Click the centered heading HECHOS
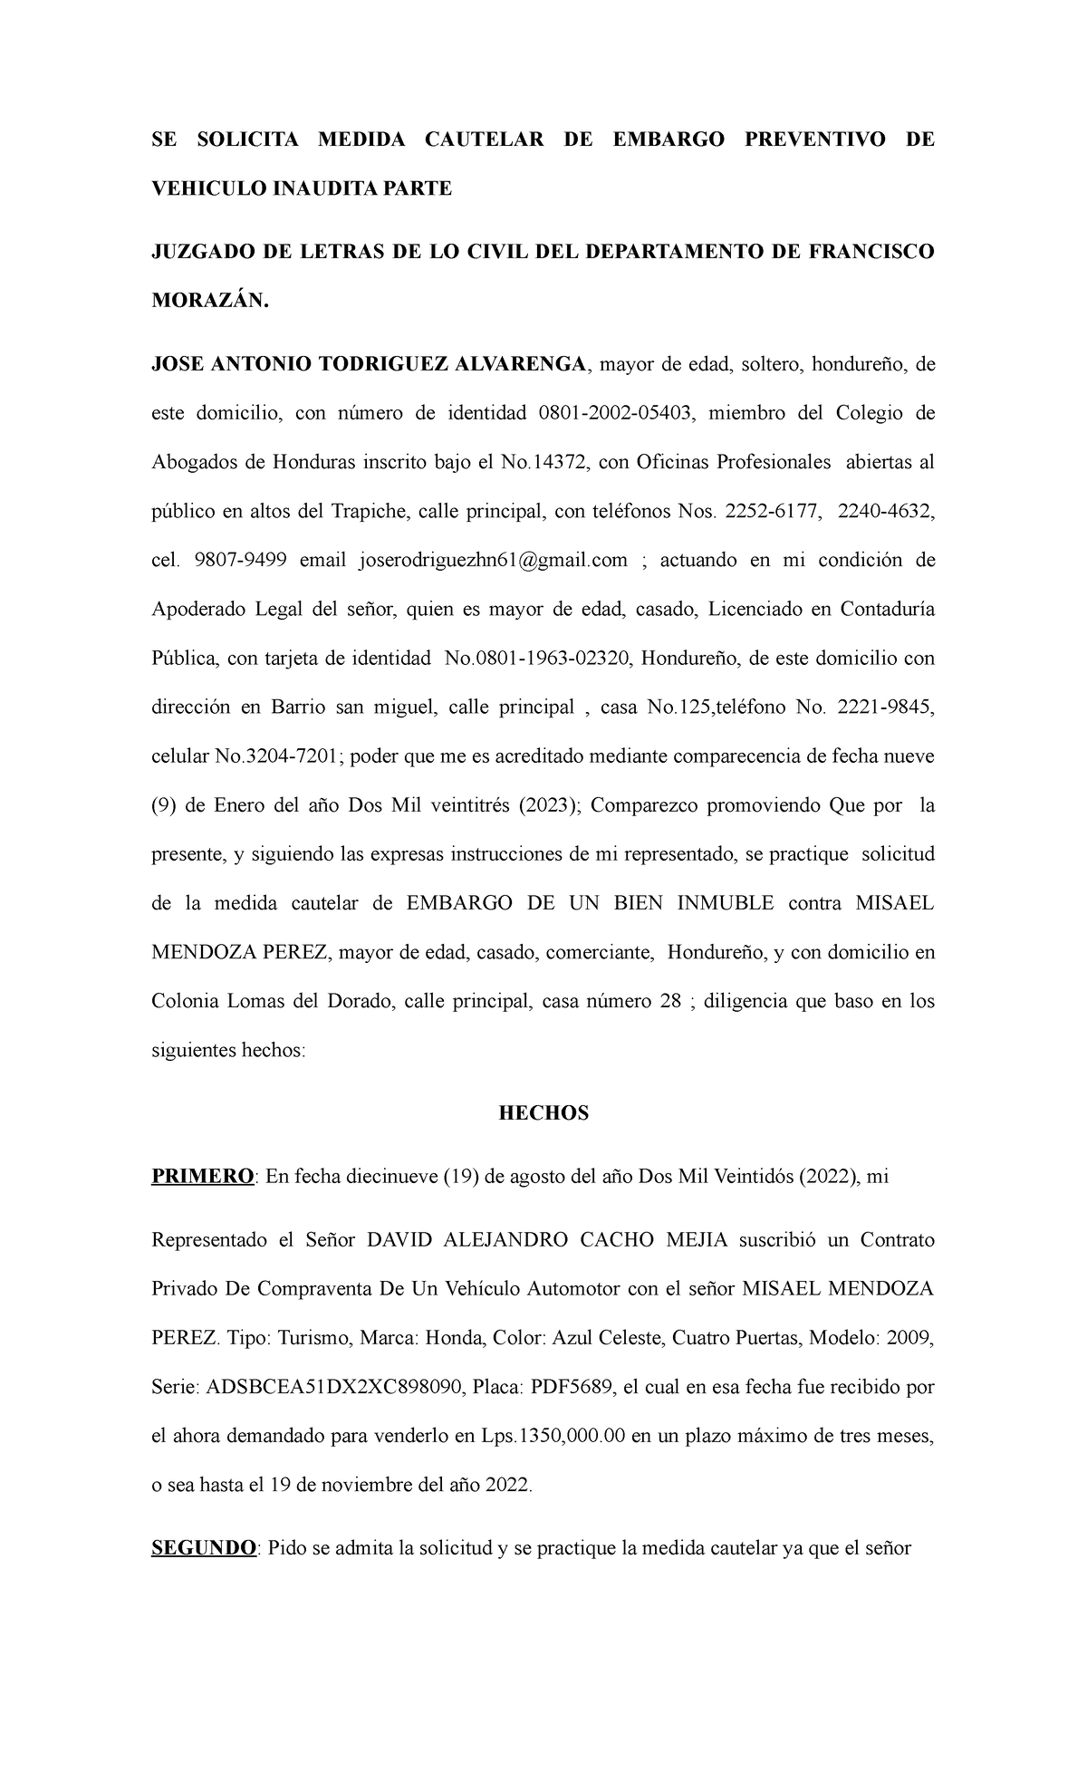tap(543, 1113)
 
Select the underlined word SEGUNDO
tap(204, 1548)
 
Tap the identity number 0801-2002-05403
tap(617, 414)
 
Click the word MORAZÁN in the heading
tap(209, 302)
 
